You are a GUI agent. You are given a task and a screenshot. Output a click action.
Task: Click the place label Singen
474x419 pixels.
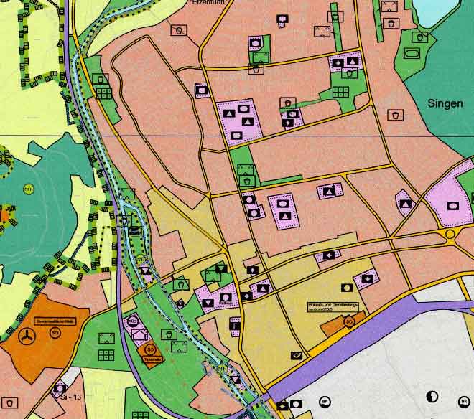[445, 103]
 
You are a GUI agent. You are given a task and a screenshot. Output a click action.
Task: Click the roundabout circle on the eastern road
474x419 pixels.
[450, 234]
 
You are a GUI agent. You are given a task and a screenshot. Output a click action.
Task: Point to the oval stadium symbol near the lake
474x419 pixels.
[412, 52]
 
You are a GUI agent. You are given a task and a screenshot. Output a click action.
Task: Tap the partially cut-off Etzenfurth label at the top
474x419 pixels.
[209, 2]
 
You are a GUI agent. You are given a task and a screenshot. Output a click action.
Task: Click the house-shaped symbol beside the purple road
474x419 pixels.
[139, 334]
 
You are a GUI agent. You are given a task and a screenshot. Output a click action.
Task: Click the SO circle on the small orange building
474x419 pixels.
[348, 322]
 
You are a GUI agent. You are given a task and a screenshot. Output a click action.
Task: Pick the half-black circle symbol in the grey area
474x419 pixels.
[432, 396]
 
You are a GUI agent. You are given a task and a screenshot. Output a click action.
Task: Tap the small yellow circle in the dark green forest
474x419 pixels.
[29, 189]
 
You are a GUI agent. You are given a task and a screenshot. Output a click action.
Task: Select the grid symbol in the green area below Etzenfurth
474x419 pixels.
[340, 92]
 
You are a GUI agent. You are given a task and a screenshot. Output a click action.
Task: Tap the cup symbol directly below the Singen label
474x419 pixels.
[395, 115]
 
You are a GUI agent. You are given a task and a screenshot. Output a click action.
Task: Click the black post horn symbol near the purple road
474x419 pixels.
[296, 355]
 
